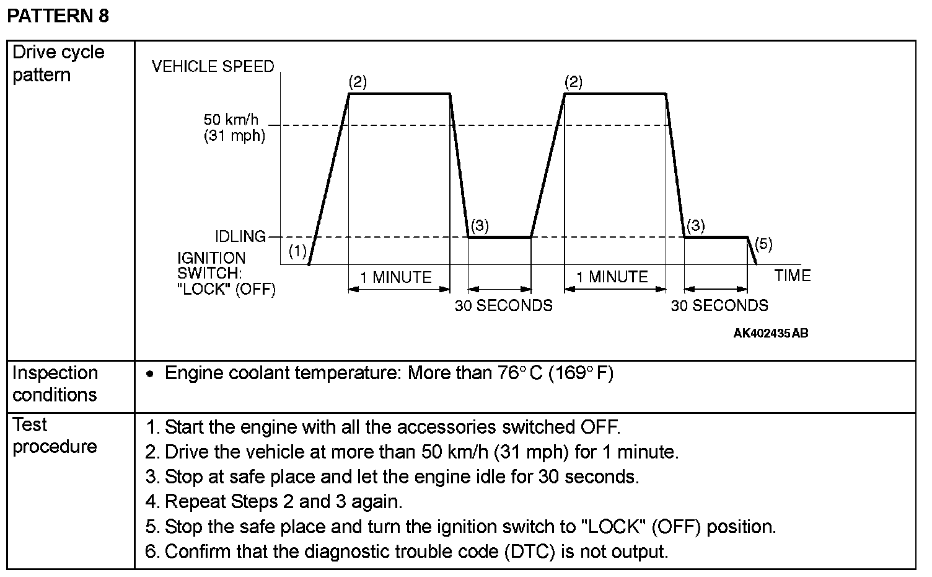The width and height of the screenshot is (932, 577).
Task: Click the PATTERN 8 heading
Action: tap(58, 16)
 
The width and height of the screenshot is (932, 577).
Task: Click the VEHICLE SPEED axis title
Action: tap(213, 66)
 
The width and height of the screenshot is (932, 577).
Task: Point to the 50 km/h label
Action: tap(231, 119)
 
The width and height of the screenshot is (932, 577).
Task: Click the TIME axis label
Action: tap(792, 276)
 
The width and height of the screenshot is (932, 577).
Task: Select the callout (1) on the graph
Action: tap(298, 251)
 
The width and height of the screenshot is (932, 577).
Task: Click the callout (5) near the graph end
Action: tap(763, 244)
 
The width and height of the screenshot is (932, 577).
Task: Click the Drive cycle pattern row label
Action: tap(58, 63)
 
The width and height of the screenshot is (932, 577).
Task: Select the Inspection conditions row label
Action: tap(55, 383)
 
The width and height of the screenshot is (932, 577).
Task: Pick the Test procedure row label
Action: tap(55, 436)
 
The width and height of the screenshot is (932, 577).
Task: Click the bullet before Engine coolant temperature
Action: tap(149, 374)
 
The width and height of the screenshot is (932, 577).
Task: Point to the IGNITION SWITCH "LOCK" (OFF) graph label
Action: tap(226, 274)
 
